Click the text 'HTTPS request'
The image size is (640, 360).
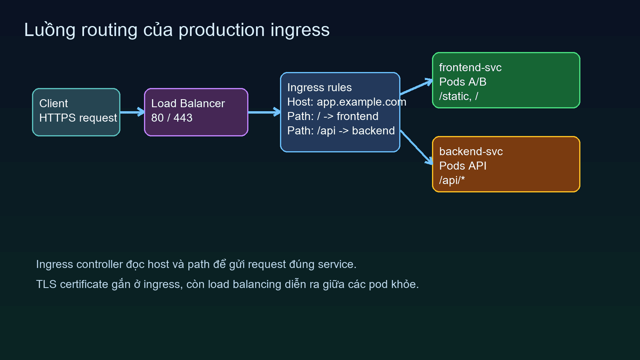(78, 118)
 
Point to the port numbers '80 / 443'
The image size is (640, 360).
(172, 118)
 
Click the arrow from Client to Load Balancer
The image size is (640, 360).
(132, 112)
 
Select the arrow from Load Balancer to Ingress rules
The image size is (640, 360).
(264, 112)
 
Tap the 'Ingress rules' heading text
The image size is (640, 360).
(319, 88)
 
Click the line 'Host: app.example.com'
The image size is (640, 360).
(346, 102)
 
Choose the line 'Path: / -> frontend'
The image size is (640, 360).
(332, 116)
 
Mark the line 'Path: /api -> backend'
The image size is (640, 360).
(341, 131)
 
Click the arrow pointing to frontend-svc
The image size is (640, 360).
(416, 87)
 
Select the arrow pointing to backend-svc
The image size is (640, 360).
(416, 147)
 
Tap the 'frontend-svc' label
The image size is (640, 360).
(470, 68)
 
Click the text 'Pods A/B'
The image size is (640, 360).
(462, 82)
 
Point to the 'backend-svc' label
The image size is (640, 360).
(471, 152)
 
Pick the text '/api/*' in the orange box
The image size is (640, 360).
(452, 180)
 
